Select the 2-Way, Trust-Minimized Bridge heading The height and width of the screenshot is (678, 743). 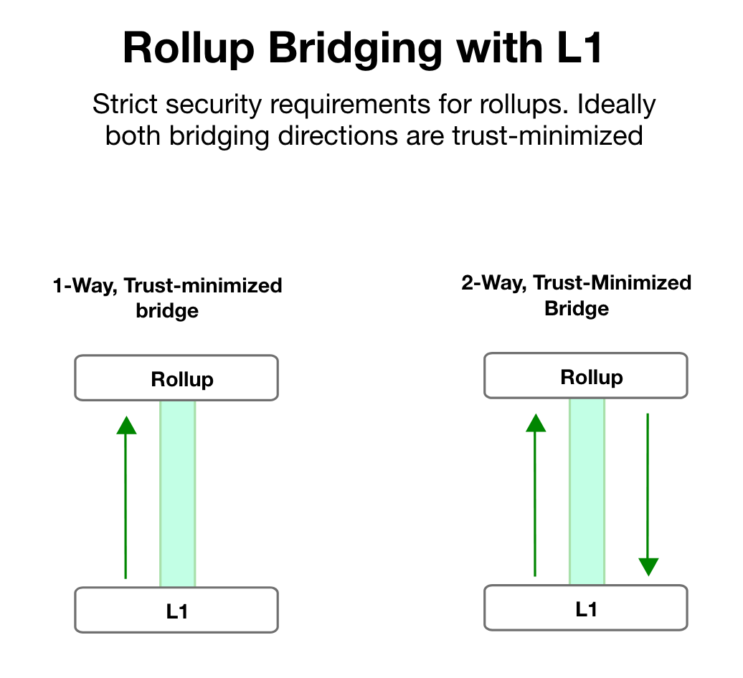click(576, 295)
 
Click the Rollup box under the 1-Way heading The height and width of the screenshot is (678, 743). click(176, 378)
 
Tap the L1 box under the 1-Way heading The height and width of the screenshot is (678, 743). click(176, 610)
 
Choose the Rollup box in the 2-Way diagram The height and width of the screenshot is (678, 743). click(586, 376)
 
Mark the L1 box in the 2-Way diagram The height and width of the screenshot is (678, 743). click(586, 608)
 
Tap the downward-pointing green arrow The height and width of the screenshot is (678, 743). click(648, 495)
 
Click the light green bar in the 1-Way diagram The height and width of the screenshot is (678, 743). click(177, 494)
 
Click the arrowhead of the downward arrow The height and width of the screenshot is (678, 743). click(648, 568)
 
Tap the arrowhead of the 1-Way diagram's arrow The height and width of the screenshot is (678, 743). click(126, 425)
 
